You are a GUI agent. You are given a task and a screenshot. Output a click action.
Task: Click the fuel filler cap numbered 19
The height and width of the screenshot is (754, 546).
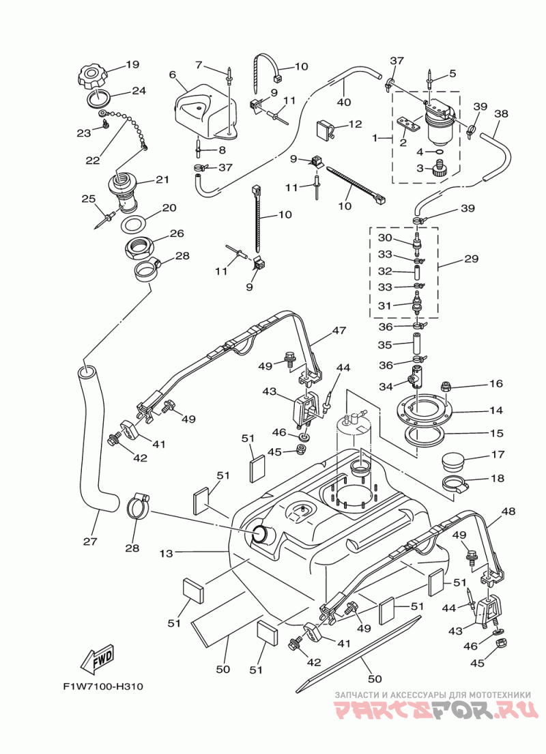pyautogui.click(x=92, y=76)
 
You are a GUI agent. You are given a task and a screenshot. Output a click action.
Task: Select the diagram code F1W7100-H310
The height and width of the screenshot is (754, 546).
pyautogui.click(x=103, y=686)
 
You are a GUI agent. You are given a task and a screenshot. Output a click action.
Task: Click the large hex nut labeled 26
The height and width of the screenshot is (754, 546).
pyautogui.click(x=140, y=248)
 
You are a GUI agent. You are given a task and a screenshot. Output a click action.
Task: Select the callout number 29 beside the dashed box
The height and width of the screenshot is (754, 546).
pyautogui.click(x=471, y=259)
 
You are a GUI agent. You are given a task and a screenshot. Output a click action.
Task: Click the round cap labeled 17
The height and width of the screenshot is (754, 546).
pyautogui.click(x=455, y=461)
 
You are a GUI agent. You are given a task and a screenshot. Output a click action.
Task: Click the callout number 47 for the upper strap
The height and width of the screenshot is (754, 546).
pyautogui.click(x=339, y=331)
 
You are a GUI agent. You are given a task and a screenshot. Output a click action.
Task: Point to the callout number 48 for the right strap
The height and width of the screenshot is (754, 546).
pyautogui.click(x=508, y=511)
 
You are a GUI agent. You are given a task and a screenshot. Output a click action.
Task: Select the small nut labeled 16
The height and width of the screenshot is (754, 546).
pyautogui.click(x=446, y=385)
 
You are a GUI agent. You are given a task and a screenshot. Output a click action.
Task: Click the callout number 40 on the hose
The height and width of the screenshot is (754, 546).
pyautogui.click(x=344, y=102)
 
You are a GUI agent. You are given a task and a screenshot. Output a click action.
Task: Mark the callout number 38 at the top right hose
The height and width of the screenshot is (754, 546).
pyautogui.click(x=501, y=114)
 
